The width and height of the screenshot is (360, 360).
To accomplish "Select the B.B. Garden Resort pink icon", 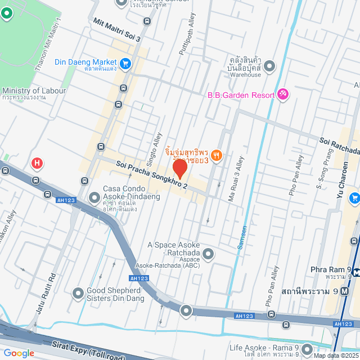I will click(283, 94).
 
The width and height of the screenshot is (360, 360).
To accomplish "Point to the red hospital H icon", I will click(37, 164).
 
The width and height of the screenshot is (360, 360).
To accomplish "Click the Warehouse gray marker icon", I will click(269, 66).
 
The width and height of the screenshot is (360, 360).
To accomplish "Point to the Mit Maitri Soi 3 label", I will click(116, 30).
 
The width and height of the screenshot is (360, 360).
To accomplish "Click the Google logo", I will click(19, 353).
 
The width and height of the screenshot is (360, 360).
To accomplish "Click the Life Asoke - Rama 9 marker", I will click(308, 348).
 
